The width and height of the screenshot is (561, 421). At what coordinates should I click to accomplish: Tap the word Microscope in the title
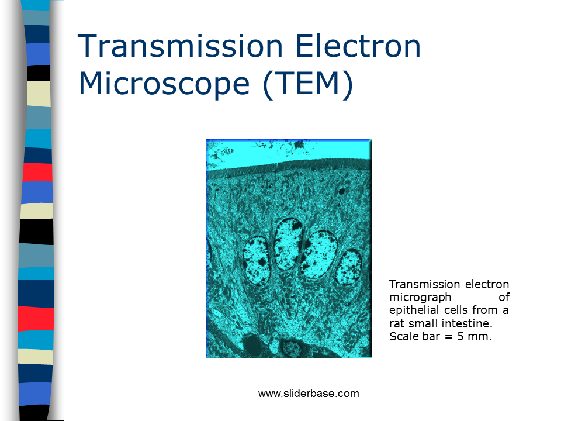[164, 84]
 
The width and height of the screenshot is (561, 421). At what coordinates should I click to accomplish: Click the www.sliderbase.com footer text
[309, 394]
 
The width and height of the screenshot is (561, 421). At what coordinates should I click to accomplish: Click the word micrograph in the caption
[420, 298]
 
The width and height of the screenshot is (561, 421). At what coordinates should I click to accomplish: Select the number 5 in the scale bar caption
[460, 337]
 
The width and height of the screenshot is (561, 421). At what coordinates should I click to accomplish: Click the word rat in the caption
[397, 323]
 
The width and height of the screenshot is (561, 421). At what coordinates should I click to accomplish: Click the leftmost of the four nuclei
[256, 260]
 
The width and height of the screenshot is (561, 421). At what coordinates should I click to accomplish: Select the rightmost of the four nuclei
[349, 267]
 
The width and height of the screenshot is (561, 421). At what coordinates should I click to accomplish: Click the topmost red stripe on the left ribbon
[37, 172]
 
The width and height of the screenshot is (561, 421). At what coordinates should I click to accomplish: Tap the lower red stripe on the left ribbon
[36, 319]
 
